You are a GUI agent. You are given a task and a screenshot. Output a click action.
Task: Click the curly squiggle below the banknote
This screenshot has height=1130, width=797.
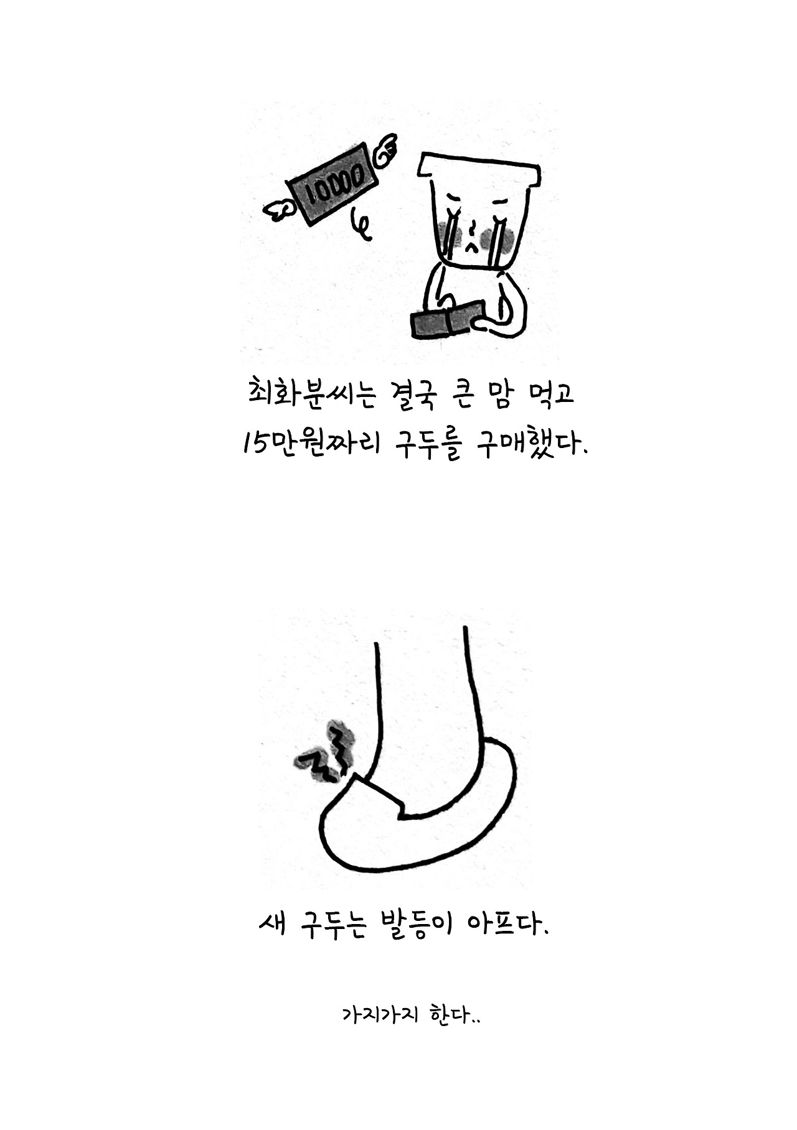click(x=361, y=227)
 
